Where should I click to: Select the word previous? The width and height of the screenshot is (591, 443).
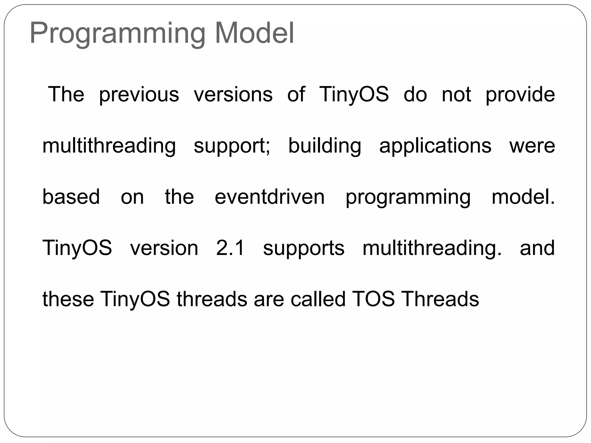click(x=139, y=95)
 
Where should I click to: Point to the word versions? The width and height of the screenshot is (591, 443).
click(x=233, y=95)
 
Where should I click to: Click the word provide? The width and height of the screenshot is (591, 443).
click(x=520, y=95)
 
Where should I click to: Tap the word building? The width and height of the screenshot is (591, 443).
click(x=325, y=146)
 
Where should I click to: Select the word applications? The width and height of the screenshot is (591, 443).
click(x=435, y=146)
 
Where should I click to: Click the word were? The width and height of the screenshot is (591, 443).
click(x=532, y=146)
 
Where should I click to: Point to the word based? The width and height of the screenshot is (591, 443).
click(x=71, y=197)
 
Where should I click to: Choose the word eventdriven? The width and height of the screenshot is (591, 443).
click(x=270, y=197)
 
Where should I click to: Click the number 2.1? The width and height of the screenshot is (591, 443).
click(x=231, y=248)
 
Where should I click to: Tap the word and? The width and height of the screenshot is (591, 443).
click(x=537, y=248)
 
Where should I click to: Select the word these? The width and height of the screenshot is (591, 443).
click(x=68, y=299)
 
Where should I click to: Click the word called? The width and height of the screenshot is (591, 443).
click(x=318, y=299)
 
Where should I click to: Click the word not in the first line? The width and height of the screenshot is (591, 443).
click(x=456, y=95)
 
